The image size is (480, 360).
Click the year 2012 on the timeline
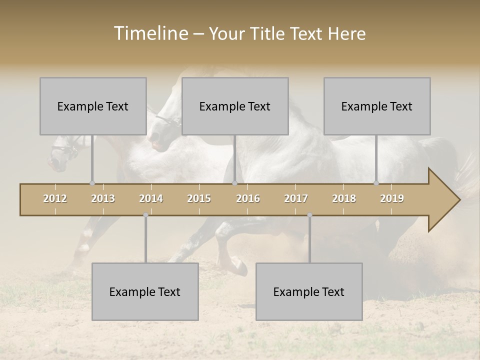click(x=55, y=198)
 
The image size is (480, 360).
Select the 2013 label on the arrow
click(x=103, y=198)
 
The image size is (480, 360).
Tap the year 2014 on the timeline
click(x=151, y=198)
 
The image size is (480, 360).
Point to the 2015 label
click(x=199, y=198)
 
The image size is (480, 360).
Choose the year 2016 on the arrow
click(x=248, y=198)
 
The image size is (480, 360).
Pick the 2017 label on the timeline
click(x=296, y=198)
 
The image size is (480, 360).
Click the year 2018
click(x=344, y=198)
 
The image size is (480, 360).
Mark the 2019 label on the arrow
click(x=392, y=198)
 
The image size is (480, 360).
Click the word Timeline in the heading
click(x=150, y=33)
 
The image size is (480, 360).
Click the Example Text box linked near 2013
click(x=93, y=106)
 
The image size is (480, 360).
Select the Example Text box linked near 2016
click(x=235, y=106)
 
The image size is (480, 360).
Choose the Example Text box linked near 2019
click(x=377, y=106)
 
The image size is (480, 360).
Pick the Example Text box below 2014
click(x=145, y=291)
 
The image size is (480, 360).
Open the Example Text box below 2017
click(x=309, y=291)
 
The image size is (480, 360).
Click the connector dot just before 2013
click(x=92, y=183)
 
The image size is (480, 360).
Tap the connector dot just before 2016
click(x=234, y=183)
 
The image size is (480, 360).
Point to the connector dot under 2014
click(x=145, y=215)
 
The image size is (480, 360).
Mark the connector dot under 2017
click(x=309, y=215)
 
